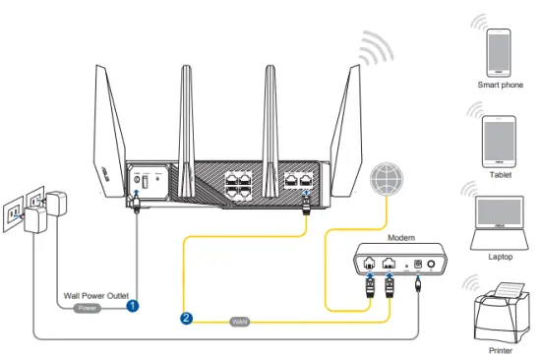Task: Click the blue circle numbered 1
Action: (x=131, y=306)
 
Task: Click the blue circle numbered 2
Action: (x=186, y=317)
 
